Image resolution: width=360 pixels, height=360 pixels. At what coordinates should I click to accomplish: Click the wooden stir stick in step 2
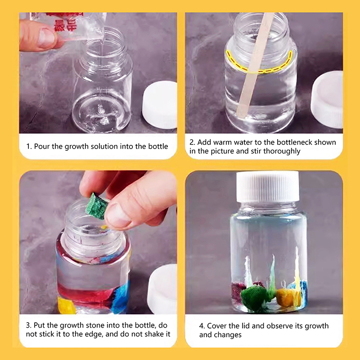pyautogui.click(x=255, y=64)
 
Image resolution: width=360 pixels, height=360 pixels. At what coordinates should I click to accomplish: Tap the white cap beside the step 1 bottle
pyautogui.click(x=160, y=105)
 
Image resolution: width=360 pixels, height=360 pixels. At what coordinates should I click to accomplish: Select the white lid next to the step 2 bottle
pyautogui.click(x=327, y=99)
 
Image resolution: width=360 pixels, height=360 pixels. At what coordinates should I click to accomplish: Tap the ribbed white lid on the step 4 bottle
pyautogui.click(x=268, y=186)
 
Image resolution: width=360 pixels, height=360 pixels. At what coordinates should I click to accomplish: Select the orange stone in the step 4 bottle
pyautogui.click(x=286, y=297)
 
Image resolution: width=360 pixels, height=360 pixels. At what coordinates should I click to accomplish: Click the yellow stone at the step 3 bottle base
pyautogui.click(x=66, y=306)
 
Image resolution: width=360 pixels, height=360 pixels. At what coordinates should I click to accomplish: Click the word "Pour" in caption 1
pyautogui.click(x=42, y=147)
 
